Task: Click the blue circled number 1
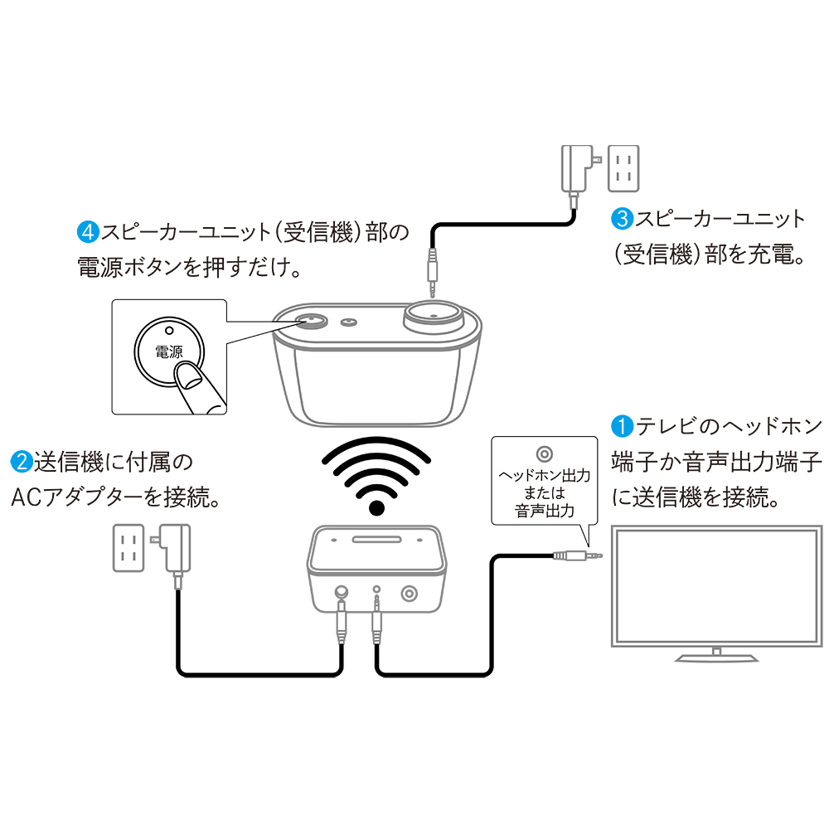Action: coord(621,427)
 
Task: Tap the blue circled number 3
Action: coord(622,219)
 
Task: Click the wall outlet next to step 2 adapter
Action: coord(127,548)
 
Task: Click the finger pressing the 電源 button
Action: coord(197,385)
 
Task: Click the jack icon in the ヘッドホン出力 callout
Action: coord(543,453)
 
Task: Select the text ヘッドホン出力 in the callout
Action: coord(543,477)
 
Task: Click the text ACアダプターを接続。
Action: coord(115,497)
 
